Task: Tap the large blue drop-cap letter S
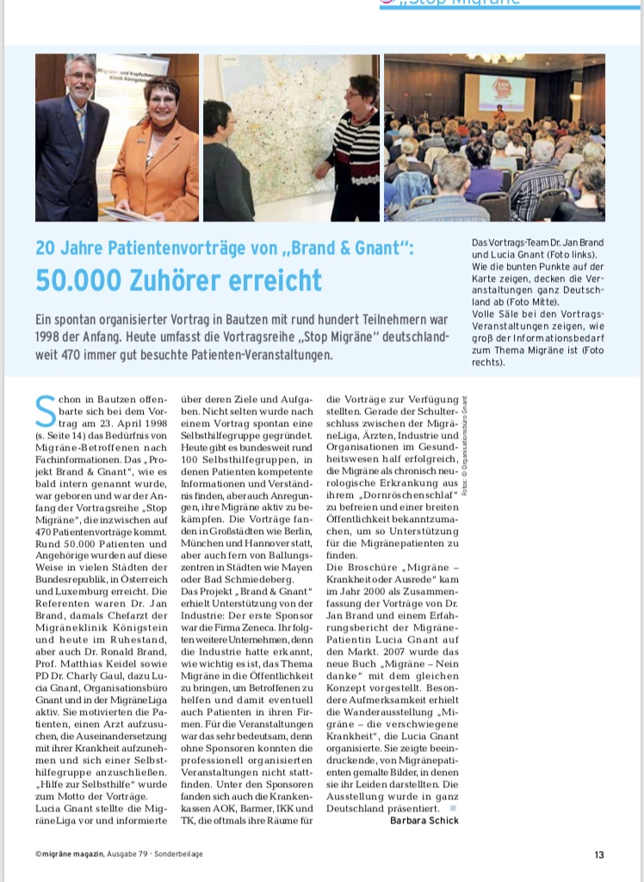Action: [x=46, y=413]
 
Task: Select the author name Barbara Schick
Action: [x=424, y=820]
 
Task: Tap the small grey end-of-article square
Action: [x=453, y=808]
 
